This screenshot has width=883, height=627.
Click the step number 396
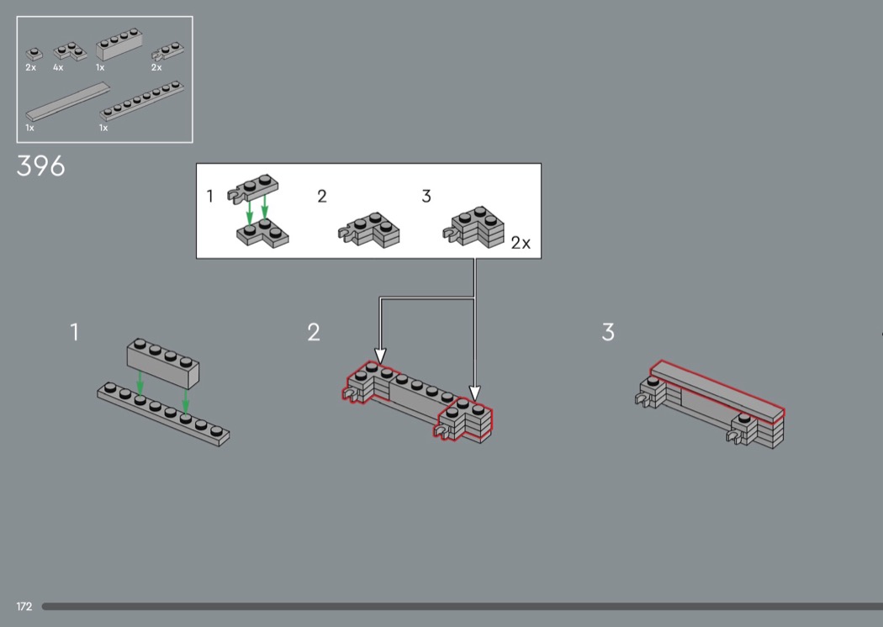pos(40,166)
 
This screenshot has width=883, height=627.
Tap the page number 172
pos(24,606)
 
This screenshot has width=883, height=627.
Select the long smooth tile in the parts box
pos(67,102)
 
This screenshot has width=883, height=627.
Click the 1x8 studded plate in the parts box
pos(142,101)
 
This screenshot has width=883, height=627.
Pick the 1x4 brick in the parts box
pos(119,45)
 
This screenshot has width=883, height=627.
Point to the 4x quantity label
pos(58,67)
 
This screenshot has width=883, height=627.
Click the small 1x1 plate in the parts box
pos(34,54)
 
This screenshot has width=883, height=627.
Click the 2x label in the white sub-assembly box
pos(521,243)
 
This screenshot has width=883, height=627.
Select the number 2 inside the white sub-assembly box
pos(321,196)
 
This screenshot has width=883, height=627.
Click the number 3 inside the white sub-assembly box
pos(426,196)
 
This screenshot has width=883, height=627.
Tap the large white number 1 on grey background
pos(74,332)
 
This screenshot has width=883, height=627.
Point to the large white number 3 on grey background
pos(608,332)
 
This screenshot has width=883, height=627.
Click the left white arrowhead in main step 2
pos(381,356)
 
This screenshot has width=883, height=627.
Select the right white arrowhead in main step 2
pos(475,393)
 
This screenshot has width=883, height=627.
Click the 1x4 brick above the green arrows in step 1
pos(163,363)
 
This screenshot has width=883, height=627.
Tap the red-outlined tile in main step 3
pos(717,391)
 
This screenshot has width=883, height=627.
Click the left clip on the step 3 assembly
pos(642,399)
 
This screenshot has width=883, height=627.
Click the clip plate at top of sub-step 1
pos(253,188)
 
